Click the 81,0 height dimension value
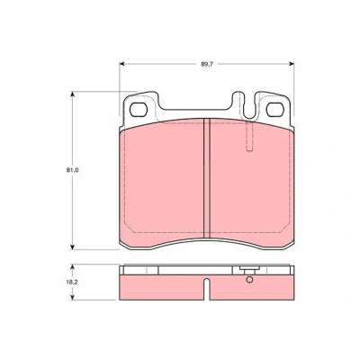click(x=72, y=170)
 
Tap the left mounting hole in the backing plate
click(x=139, y=109)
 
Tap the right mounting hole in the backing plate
click(x=275, y=109)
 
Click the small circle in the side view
click(x=249, y=280)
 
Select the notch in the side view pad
click(x=206, y=289)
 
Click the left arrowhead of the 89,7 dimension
click(x=121, y=64)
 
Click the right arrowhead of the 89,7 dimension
click(x=292, y=64)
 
